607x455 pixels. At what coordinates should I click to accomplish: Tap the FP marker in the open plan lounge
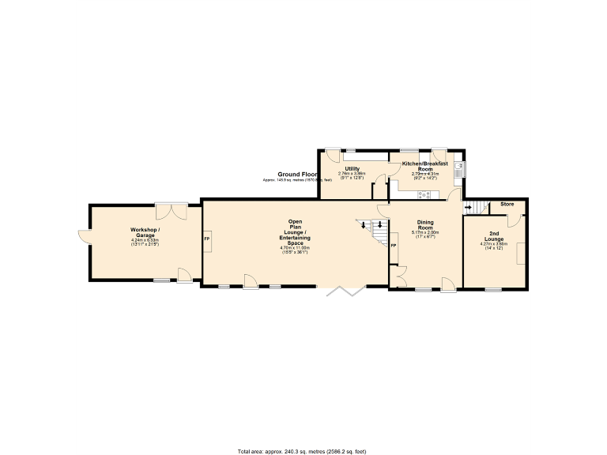pyautogui.click(x=207, y=239)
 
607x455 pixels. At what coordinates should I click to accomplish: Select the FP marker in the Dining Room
pyautogui.click(x=394, y=246)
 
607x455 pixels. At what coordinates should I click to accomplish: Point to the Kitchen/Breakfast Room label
pyautogui.click(x=425, y=166)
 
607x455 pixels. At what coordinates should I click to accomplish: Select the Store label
pyautogui.click(x=507, y=205)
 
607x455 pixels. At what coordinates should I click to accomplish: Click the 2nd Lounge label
pyautogui.click(x=493, y=236)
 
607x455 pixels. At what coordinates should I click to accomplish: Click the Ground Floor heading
pyautogui.click(x=297, y=174)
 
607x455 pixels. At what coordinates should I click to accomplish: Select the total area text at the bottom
pyautogui.click(x=302, y=451)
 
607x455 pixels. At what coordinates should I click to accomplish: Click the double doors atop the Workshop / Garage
pyautogui.click(x=171, y=210)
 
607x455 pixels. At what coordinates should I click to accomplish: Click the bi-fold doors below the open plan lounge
pyautogui.click(x=345, y=291)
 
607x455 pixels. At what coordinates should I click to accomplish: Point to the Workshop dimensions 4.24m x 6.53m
pyautogui.click(x=145, y=241)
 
